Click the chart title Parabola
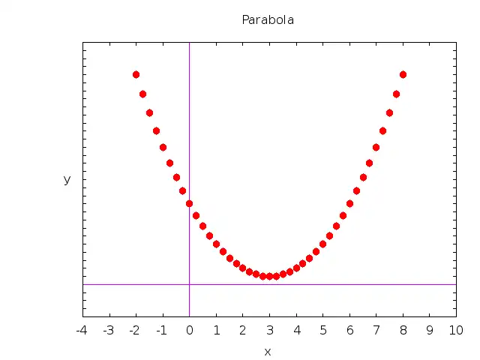tap(268, 20)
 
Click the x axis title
tap(268, 351)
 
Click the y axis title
tap(67, 179)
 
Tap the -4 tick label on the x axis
tap(82, 329)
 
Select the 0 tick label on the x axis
tap(189, 329)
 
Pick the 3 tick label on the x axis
tap(269, 329)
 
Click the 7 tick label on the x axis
tap(376, 329)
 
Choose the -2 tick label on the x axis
tap(136, 329)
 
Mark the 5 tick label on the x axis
tap(322, 329)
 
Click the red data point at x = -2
tap(136, 74)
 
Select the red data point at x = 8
tap(403, 74)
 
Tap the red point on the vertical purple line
tap(189, 203)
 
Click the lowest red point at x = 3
tap(269, 276)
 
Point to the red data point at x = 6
tap(349, 203)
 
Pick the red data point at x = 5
tap(322, 244)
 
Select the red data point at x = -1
tap(163, 147)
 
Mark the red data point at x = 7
tap(376, 147)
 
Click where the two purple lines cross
tap(189, 284)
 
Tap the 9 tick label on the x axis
tap(430, 329)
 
